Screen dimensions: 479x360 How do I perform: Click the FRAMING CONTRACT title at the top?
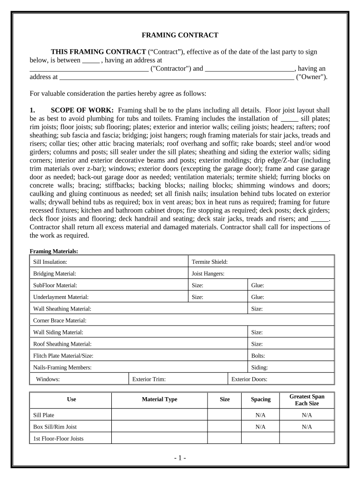[x=180, y=35]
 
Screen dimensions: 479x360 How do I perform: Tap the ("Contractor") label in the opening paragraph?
[x=170, y=68]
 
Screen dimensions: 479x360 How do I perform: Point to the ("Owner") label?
[x=312, y=77]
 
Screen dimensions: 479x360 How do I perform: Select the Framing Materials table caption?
[x=54, y=251]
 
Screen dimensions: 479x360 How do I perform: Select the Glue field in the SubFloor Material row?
[x=290, y=285]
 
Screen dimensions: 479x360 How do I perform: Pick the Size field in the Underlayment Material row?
[x=217, y=297]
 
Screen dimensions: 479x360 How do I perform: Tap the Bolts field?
[x=290, y=356]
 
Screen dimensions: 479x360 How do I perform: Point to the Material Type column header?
[x=159, y=399]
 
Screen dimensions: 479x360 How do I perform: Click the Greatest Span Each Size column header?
[x=307, y=399]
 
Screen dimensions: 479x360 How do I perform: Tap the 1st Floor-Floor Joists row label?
[x=59, y=438]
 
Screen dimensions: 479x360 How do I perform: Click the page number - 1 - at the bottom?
[x=180, y=458]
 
